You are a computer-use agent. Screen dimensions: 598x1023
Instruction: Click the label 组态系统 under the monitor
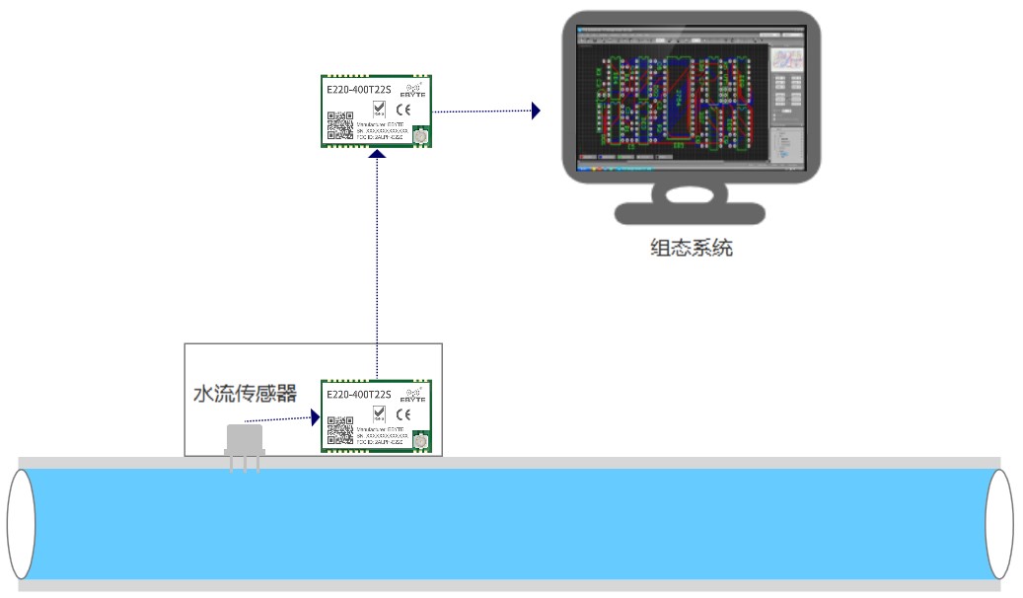tap(692, 248)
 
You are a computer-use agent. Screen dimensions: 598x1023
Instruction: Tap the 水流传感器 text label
tap(244, 394)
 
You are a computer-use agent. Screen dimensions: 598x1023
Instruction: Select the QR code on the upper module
tap(340, 126)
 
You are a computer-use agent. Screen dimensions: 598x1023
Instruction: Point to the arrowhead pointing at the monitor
tap(536, 111)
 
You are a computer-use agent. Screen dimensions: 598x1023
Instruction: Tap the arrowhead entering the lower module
tap(316, 417)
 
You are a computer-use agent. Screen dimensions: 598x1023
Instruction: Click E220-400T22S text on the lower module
tap(359, 395)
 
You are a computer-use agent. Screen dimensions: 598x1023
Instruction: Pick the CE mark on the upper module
tap(403, 109)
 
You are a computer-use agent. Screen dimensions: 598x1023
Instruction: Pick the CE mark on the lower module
tap(403, 413)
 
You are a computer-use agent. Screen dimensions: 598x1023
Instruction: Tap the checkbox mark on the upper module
tap(379, 108)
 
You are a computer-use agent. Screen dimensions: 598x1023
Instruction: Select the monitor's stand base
tap(690, 213)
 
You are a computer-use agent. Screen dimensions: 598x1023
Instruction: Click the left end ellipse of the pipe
tap(21, 524)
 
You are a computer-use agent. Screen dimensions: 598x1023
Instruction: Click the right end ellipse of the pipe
tap(999, 524)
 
